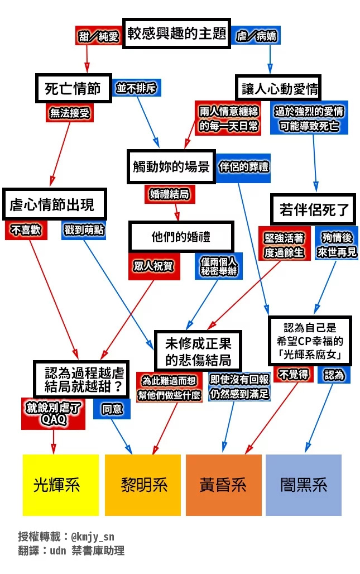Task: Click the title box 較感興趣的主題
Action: [x=177, y=34]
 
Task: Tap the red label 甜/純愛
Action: [x=98, y=36]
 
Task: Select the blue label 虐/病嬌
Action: [x=256, y=36]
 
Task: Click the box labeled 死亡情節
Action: [x=73, y=88]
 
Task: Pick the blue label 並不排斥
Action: [x=136, y=88]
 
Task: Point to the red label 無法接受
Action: [x=70, y=113]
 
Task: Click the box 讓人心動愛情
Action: [x=278, y=88]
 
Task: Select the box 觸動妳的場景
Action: [x=171, y=166]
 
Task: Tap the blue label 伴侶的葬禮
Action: [x=243, y=168]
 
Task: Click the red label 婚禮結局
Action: [x=169, y=194]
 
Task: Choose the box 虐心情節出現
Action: [x=54, y=204]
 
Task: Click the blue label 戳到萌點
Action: [x=84, y=230]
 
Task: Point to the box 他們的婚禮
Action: [x=181, y=237]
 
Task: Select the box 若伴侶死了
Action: [x=313, y=209]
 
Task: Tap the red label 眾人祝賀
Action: [x=154, y=266]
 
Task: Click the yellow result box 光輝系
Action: [x=61, y=485]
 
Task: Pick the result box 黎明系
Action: [x=143, y=485]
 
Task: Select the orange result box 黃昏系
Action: [x=224, y=485]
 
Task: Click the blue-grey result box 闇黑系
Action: [x=304, y=485]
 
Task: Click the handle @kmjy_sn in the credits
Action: [x=92, y=537]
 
